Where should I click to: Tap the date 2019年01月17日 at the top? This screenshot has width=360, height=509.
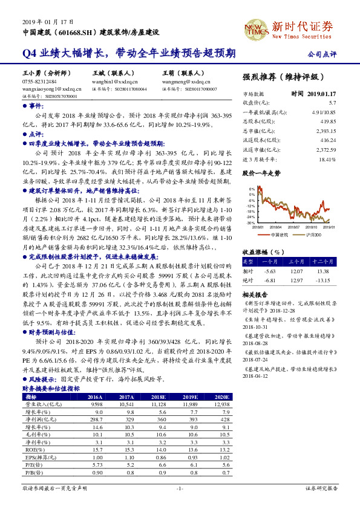tap(42, 21)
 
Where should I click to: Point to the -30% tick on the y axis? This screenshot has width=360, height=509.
tap(250, 223)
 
